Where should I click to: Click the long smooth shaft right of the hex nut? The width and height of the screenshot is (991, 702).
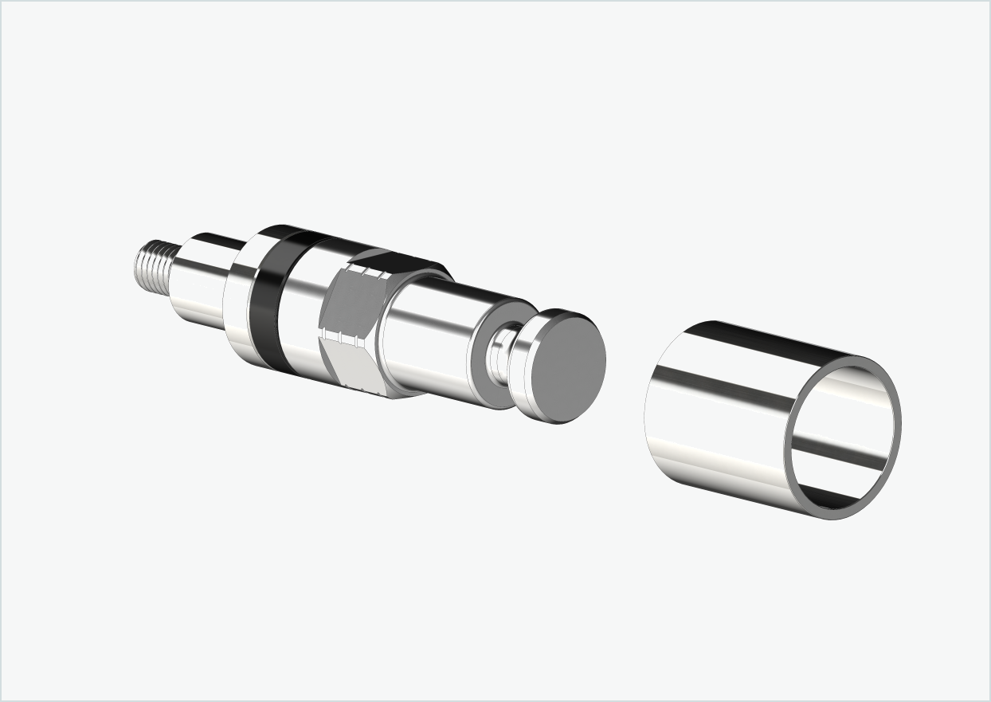(x=430, y=335)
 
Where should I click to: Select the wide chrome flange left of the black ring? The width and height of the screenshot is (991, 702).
(x=237, y=295)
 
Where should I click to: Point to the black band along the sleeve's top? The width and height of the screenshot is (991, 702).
(x=789, y=338)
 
